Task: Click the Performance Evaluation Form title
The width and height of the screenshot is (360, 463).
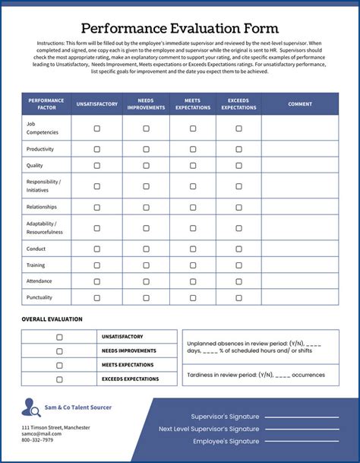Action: click(x=180, y=28)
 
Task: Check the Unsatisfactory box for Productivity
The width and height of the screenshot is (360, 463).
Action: click(x=96, y=149)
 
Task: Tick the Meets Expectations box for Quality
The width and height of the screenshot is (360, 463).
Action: click(x=192, y=165)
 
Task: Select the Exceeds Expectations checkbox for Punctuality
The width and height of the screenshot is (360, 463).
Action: click(x=238, y=297)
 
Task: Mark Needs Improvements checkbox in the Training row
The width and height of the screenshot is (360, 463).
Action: click(x=147, y=265)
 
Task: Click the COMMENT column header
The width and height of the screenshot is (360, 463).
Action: click(x=300, y=104)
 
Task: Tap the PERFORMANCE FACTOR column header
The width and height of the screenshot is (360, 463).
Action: click(x=46, y=104)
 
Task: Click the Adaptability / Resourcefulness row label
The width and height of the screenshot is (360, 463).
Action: click(x=45, y=227)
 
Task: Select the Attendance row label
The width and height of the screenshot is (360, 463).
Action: click(x=39, y=281)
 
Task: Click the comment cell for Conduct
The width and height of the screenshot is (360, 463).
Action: click(x=300, y=249)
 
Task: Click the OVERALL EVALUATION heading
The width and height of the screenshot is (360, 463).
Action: click(x=52, y=319)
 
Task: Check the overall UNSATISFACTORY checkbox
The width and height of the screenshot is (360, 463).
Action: click(x=59, y=337)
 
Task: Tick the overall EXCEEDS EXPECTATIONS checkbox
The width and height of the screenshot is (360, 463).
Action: click(x=59, y=379)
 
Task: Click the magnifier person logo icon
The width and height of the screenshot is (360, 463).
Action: click(x=32, y=408)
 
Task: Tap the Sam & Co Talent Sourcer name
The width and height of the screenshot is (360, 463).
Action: click(x=77, y=408)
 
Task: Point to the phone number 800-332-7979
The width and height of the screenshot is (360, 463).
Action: click(x=37, y=440)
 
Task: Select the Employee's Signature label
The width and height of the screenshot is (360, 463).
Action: click(x=226, y=441)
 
